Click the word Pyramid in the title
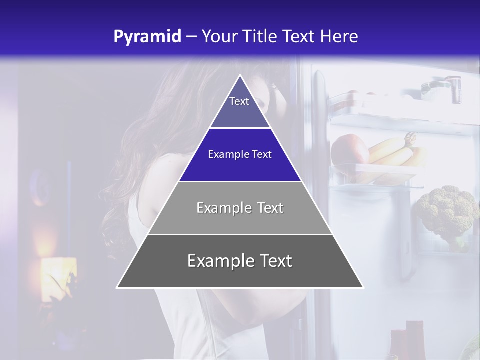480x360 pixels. tap(147, 37)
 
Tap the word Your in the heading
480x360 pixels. tap(220, 37)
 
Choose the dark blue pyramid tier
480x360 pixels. tap(240, 154)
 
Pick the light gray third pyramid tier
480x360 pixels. tap(240, 208)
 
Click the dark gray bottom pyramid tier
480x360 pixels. tap(240, 261)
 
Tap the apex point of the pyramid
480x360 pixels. tap(240, 75)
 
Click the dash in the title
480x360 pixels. tap(191, 37)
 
